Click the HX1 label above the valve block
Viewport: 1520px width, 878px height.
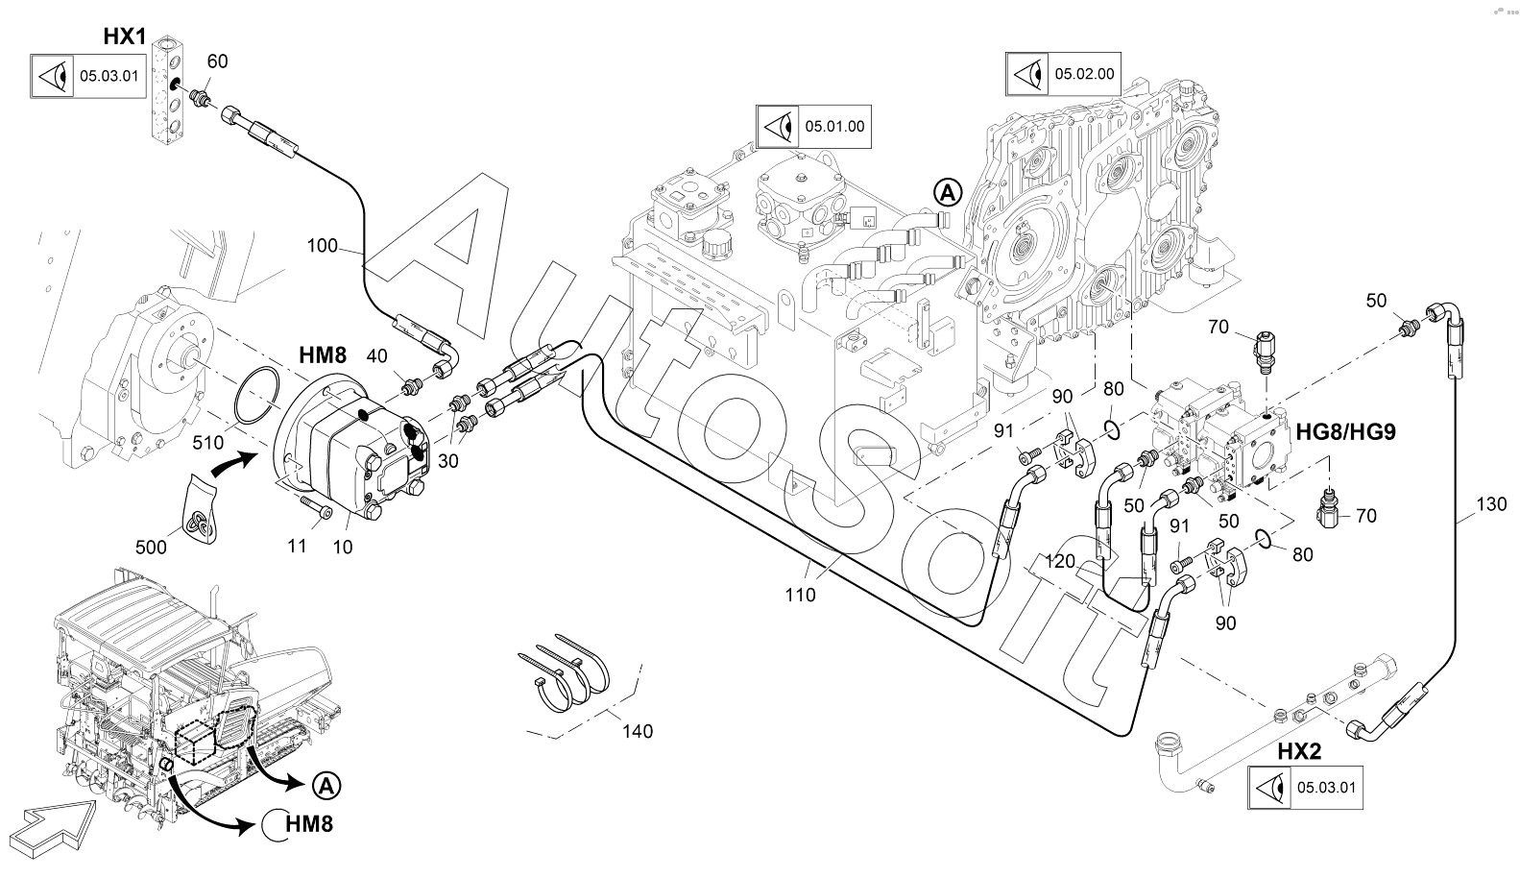point(124,37)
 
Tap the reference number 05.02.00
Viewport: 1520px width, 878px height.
point(1085,74)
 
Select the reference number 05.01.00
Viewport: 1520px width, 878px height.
point(834,126)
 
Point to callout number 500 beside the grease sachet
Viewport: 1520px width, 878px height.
point(151,547)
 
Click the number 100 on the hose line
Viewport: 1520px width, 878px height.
point(323,246)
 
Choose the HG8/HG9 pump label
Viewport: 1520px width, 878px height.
point(1345,431)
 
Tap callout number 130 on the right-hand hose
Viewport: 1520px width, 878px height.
point(1491,503)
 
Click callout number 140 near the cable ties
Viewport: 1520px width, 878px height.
point(637,731)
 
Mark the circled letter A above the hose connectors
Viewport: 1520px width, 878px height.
point(948,192)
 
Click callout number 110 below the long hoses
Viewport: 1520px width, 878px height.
point(800,595)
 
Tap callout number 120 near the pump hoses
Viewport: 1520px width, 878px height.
point(1059,561)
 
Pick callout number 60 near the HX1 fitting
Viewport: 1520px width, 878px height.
point(218,61)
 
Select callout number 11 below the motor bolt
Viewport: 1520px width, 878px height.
point(298,546)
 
